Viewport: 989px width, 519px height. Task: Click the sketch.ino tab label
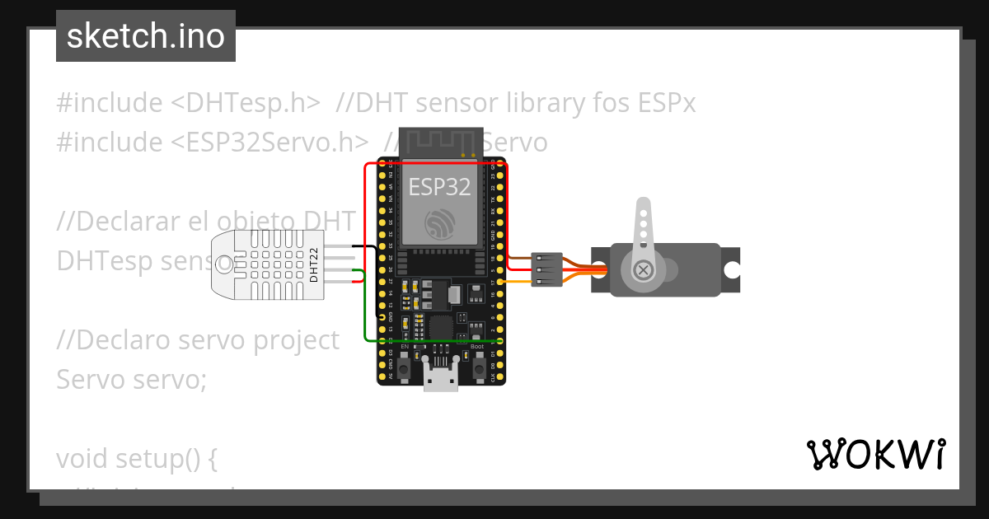click(x=145, y=36)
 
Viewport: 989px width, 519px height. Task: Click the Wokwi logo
click(x=874, y=454)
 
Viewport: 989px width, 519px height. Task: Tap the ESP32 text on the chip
click(x=440, y=186)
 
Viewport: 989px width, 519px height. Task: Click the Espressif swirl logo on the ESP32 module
click(x=440, y=224)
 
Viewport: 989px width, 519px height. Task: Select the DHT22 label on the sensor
click(x=314, y=264)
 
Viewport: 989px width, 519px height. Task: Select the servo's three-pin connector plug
click(x=547, y=269)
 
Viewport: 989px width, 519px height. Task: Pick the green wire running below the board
click(x=437, y=339)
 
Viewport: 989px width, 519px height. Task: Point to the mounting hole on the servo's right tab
click(x=730, y=270)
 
